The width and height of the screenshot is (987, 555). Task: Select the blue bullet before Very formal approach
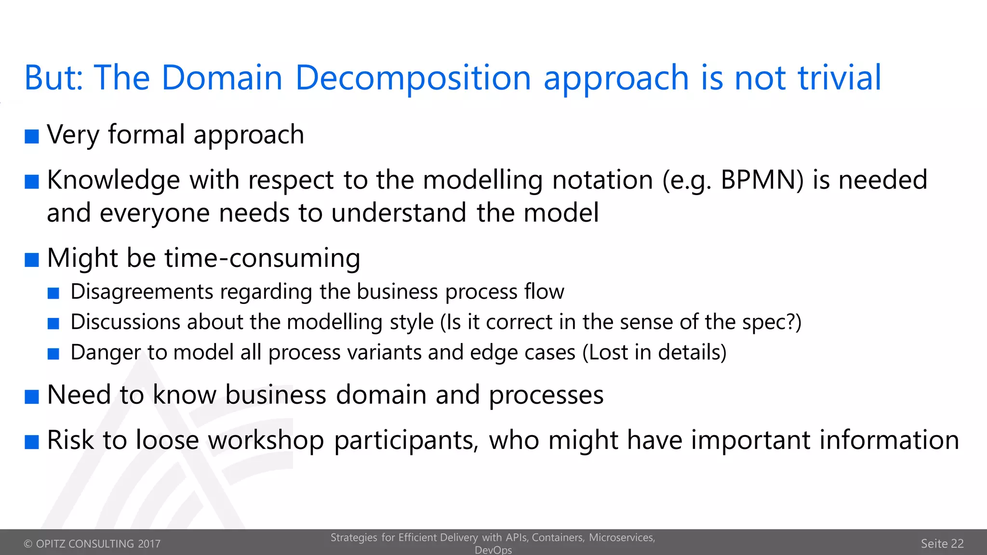point(32,136)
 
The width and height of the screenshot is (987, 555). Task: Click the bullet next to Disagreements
point(53,293)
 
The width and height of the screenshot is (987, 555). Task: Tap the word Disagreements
point(142,292)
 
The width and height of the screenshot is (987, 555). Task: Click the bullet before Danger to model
point(53,354)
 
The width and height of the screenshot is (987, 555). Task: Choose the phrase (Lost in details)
point(654,353)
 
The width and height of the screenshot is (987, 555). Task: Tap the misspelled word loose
point(167,440)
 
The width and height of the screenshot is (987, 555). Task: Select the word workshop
point(266,441)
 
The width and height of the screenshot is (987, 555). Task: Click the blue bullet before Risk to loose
point(32,442)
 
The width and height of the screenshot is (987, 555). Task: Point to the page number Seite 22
point(942,544)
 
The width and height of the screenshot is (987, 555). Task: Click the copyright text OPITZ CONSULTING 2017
point(92,544)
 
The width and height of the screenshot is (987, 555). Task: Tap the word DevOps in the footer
point(493,550)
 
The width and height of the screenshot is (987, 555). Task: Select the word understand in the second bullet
point(399,213)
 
